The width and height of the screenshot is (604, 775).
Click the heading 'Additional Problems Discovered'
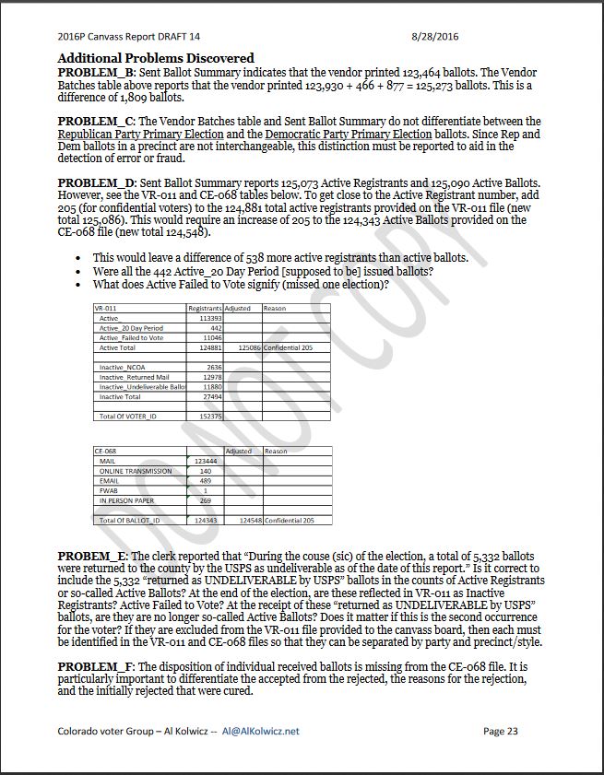pyautogui.click(x=156, y=58)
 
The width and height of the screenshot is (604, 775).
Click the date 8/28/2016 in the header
pyautogui.click(x=434, y=37)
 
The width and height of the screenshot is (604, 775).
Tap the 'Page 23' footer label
pyautogui.click(x=501, y=731)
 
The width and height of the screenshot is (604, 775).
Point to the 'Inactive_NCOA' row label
pyautogui.click(x=124, y=367)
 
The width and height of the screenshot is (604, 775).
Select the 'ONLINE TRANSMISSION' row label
pyautogui.click(x=136, y=471)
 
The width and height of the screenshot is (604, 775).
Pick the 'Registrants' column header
pyautogui.click(x=206, y=308)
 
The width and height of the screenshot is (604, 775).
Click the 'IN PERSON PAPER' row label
pyautogui.click(x=127, y=500)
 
